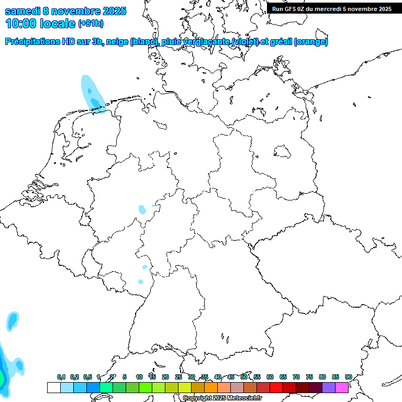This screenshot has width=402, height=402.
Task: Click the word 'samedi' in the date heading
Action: (x=22, y=11)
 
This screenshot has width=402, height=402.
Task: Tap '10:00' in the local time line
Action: (x=21, y=24)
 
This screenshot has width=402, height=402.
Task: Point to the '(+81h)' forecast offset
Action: (x=91, y=24)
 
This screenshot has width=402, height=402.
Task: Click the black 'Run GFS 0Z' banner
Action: (x=332, y=8)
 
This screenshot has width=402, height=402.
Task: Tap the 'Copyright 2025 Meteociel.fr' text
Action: (x=222, y=398)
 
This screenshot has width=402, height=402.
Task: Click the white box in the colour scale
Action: (x=53, y=387)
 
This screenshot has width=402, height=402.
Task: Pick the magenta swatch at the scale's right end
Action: (x=342, y=387)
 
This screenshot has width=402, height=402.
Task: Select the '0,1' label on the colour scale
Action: (x=61, y=377)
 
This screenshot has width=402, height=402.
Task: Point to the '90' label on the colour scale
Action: (x=349, y=377)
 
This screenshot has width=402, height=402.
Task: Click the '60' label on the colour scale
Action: (x=270, y=377)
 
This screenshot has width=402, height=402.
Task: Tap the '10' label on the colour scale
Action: (x=139, y=377)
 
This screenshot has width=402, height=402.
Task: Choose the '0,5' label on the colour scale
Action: (x=87, y=377)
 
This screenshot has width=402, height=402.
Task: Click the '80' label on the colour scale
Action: (x=322, y=377)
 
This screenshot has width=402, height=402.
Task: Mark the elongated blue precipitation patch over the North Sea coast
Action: (x=93, y=94)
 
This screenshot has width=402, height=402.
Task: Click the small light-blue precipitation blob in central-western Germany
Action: (x=142, y=210)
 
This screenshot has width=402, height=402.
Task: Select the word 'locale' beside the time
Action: (x=58, y=24)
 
